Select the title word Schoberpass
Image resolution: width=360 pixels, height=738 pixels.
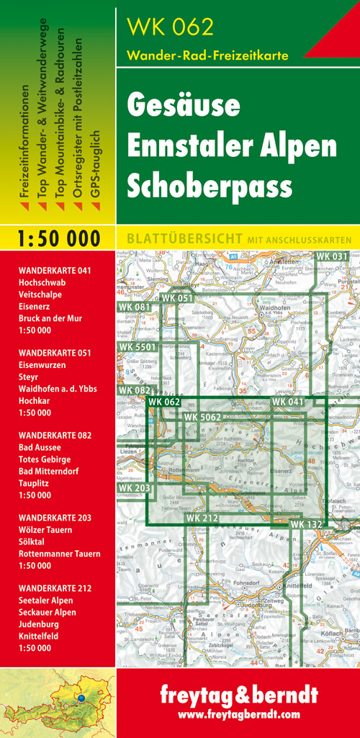[210, 185]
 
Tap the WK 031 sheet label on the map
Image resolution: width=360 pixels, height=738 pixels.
[332, 256]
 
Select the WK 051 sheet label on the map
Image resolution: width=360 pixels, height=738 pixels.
[177, 298]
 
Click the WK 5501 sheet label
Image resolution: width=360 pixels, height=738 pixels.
[137, 348]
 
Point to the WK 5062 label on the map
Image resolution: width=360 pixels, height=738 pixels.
[202, 417]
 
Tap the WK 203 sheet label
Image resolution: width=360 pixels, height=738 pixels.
[135, 488]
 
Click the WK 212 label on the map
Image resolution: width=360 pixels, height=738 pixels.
[202, 517]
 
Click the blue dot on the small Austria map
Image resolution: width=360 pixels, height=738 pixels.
[81, 698]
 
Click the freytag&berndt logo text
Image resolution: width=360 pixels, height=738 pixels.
[238, 696]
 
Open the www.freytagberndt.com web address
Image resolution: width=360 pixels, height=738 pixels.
[238, 715]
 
